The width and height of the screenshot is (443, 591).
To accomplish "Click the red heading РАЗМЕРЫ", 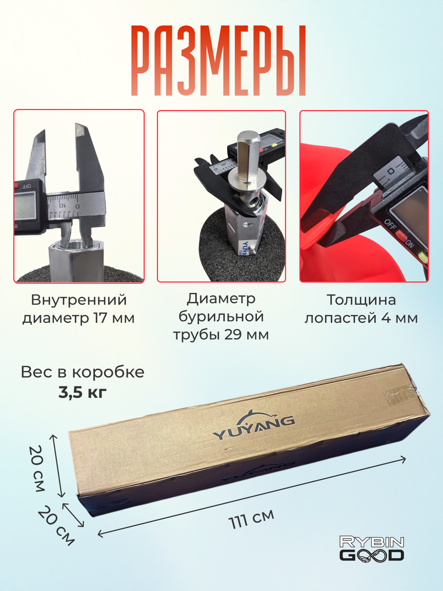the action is (219, 61).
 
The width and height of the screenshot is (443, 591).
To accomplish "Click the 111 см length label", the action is (251, 519).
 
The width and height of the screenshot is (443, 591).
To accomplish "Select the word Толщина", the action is (361, 300).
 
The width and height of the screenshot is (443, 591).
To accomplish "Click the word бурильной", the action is (221, 317).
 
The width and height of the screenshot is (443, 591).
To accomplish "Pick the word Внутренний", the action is (79, 300).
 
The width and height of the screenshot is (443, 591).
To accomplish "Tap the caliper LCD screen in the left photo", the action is (25, 205).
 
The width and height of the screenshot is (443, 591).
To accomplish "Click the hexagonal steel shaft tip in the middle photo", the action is (248, 156).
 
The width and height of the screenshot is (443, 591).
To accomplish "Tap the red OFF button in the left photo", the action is (17, 185).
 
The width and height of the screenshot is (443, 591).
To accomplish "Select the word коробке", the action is (108, 373).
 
